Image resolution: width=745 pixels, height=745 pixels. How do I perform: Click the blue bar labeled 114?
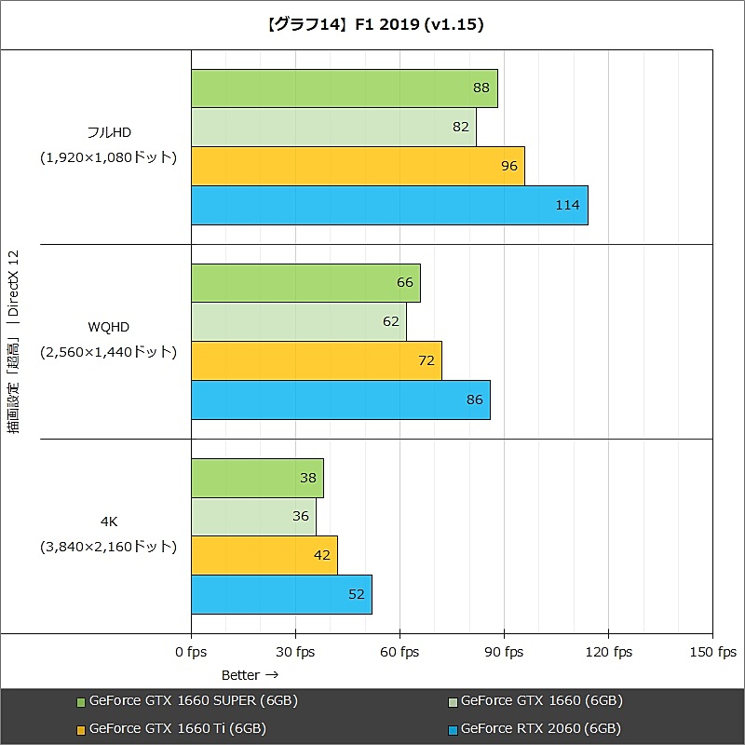pyautogui.click(x=389, y=205)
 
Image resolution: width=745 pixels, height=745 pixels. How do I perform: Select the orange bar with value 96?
pyautogui.click(x=358, y=166)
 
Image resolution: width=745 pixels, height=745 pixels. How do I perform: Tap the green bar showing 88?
pyautogui.click(x=344, y=88)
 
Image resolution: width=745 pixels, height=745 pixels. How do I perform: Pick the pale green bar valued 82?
pyautogui.click(x=333, y=127)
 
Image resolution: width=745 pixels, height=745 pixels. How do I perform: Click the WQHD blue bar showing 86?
pyautogui.click(x=340, y=400)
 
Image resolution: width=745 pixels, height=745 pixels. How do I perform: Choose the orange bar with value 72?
pyautogui.click(x=316, y=360)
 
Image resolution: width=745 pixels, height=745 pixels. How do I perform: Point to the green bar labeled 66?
pyautogui.click(x=305, y=282)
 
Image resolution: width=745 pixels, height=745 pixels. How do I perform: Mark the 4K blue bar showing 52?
pyautogui.click(x=281, y=594)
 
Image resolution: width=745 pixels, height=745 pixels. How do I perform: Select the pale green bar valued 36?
pyautogui.click(x=253, y=516)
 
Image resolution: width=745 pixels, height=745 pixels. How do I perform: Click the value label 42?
pyautogui.click(x=323, y=555)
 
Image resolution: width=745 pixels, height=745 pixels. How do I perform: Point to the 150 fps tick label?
pyautogui.click(x=714, y=652)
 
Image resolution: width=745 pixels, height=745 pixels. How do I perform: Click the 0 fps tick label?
pyautogui.click(x=191, y=652)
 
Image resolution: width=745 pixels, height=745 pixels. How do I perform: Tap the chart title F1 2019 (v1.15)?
pyautogui.click(x=372, y=24)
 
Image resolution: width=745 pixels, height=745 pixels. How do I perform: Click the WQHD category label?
pyautogui.click(x=108, y=327)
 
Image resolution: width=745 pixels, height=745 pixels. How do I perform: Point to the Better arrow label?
pyautogui.click(x=250, y=674)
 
